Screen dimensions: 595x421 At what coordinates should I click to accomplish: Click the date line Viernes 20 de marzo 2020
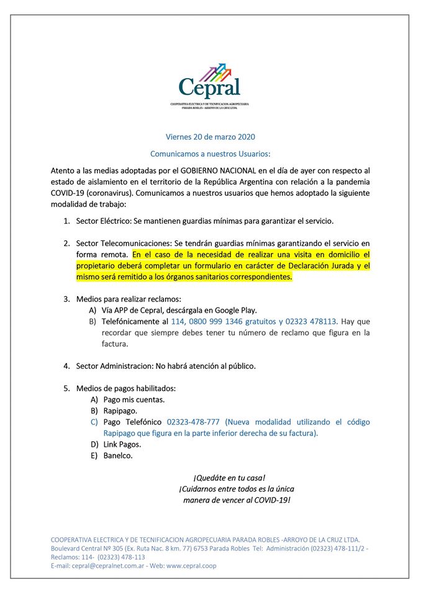point(210,137)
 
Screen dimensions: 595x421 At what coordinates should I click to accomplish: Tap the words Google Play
point(233,310)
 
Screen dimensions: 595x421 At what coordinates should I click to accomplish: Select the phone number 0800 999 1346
point(223,322)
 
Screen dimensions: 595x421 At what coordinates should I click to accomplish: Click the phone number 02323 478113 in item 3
point(309,322)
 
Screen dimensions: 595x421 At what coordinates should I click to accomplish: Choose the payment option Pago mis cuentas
point(134,399)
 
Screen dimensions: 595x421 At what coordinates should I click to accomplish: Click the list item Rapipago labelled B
point(120,410)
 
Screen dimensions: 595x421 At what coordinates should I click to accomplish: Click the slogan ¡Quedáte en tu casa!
point(229,478)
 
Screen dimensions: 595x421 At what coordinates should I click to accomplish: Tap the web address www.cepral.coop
point(191,566)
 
